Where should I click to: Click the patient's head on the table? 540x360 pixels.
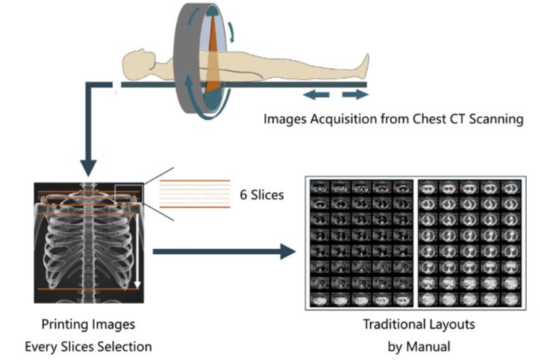134,59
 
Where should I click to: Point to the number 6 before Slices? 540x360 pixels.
244,195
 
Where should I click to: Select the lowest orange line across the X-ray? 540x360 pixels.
90,290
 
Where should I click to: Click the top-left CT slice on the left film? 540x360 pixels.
317,186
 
